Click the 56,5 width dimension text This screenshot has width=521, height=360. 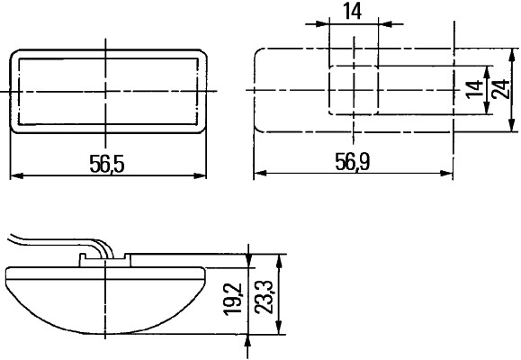pos(106,163)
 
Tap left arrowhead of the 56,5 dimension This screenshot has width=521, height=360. pos(14,175)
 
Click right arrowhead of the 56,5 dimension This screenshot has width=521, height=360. pos(201,175)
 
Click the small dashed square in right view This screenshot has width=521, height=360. pos(354,90)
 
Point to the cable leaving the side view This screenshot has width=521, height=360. pos(45,243)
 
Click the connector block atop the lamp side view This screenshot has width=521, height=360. pos(105,260)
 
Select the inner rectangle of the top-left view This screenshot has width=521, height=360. pos(106,90)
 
